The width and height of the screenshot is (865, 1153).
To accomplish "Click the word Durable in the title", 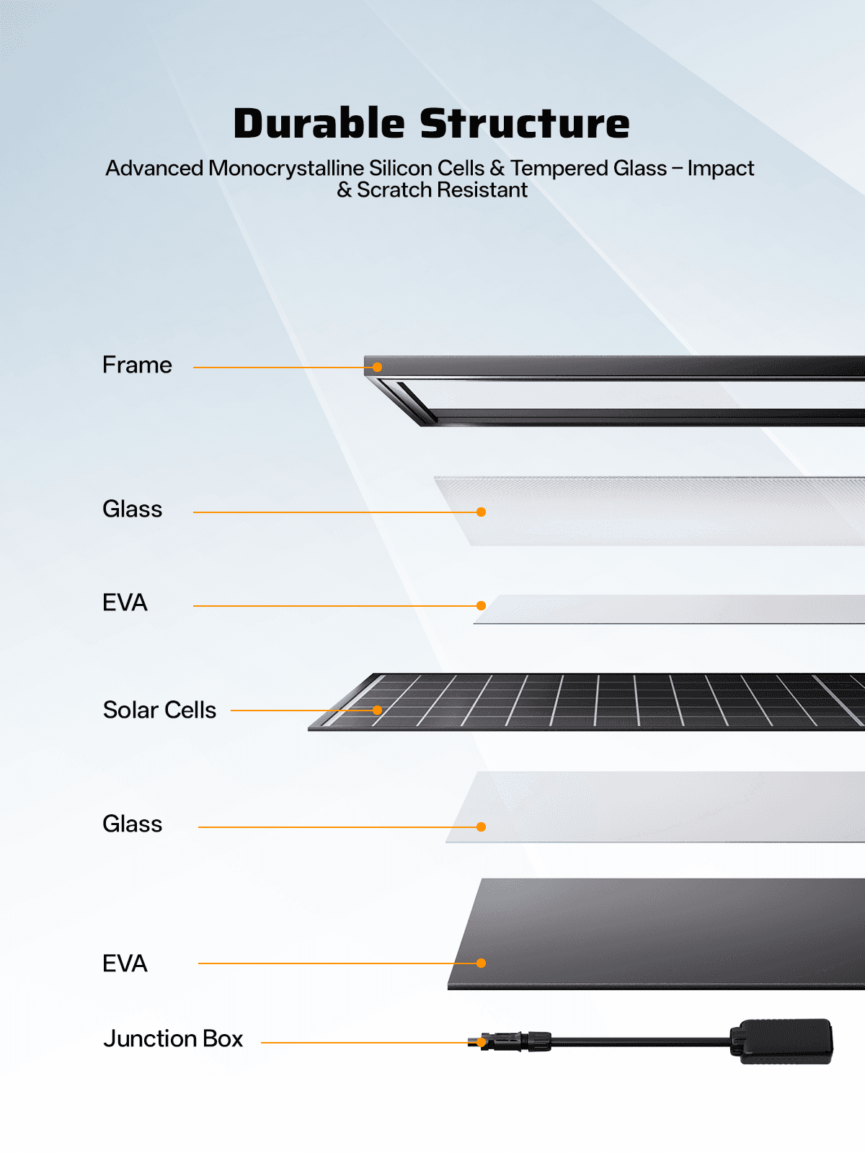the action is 319,123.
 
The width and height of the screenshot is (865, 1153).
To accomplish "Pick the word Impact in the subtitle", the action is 721,168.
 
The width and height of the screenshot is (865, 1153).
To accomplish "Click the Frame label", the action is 137,365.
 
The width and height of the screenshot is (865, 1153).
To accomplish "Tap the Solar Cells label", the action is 159,711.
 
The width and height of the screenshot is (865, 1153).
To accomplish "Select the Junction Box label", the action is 173,1038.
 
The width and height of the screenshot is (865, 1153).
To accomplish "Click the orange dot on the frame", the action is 377,368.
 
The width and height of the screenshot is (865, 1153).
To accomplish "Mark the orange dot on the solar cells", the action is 377,711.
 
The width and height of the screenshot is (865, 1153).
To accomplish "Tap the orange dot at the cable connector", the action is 481,1042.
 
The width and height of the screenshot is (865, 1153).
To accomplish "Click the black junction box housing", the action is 781,1041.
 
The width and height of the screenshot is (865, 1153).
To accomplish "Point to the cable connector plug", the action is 510,1041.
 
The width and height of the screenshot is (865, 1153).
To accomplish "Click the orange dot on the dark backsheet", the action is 481,963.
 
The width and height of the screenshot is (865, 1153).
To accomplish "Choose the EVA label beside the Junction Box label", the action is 125,963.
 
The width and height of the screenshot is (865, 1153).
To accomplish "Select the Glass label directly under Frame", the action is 133,509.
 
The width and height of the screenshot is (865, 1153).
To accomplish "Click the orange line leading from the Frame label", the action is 285,368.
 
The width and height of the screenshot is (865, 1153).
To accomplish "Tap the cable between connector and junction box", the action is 641,1041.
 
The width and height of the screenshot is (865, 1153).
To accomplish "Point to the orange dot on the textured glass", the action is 481,512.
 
